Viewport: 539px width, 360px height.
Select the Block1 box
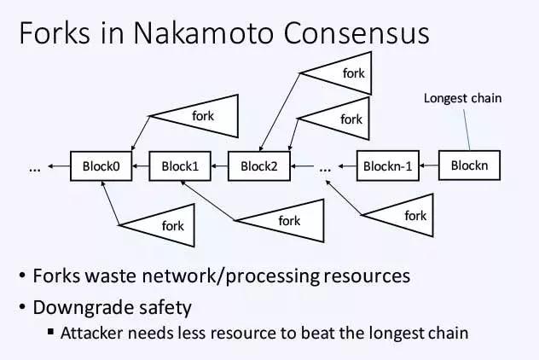point(180,165)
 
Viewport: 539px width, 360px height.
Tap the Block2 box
point(258,165)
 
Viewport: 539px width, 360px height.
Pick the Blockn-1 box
point(388,165)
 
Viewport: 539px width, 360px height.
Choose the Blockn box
point(470,165)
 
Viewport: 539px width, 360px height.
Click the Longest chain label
point(462,98)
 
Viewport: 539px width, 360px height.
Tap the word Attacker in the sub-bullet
point(90,333)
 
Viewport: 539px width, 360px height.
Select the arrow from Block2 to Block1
point(218,165)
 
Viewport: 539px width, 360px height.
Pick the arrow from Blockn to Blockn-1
point(430,165)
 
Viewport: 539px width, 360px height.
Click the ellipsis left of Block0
point(35,168)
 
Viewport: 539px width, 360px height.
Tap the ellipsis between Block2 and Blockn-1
point(325,168)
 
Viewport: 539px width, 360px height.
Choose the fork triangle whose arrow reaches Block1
point(281,220)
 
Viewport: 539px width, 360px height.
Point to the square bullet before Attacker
point(51,333)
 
